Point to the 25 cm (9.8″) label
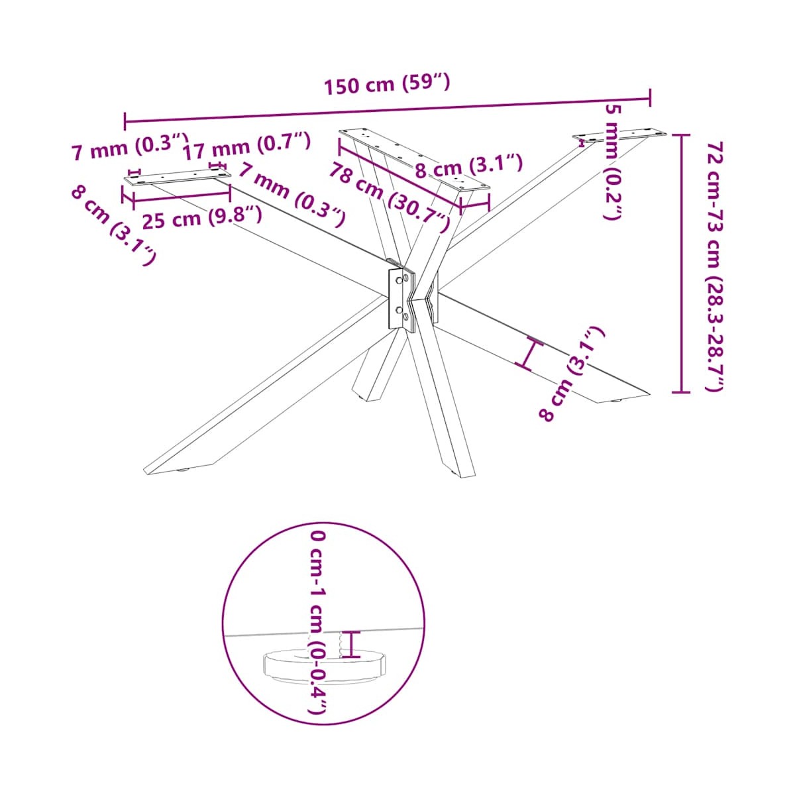pyautogui.click(x=202, y=218)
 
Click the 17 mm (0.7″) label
pyautogui.click(x=246, y=146)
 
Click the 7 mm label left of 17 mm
pyautogui.click(x=130, y=146)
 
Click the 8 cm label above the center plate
pyautogui.click(x=469, y=166)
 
